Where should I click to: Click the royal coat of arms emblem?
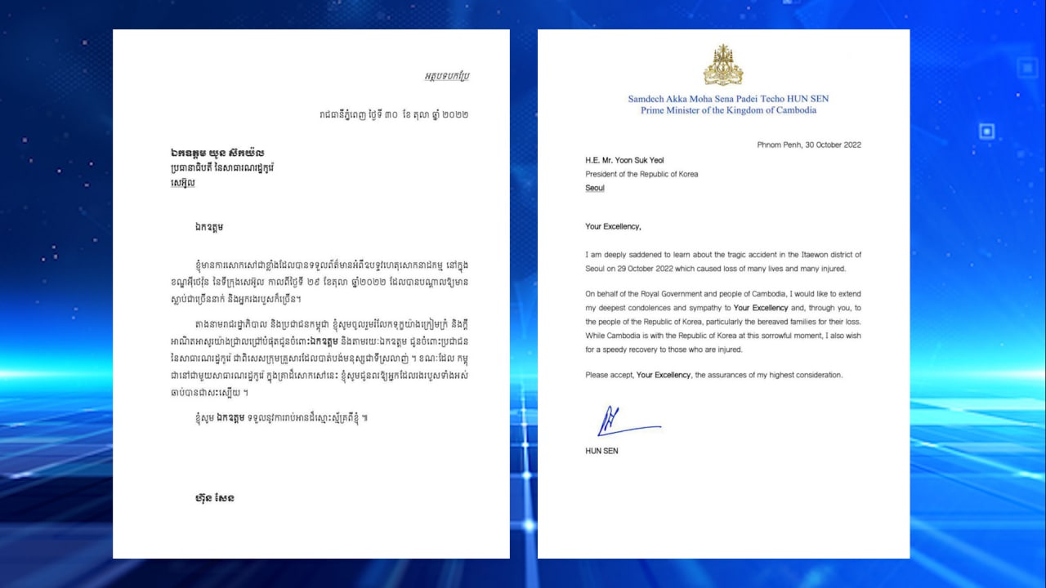[x=723, y=65]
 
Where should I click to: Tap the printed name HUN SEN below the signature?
[x=601, y=451]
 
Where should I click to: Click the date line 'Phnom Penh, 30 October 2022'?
[x=809, y=145]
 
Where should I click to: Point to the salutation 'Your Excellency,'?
[x=613, y=226]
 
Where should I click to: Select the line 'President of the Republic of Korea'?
[x=641, y=174]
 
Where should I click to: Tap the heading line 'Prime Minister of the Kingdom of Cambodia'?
[x=728, y=110]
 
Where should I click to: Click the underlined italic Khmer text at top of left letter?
[x=446, y=76]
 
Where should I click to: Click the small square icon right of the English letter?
[x=986, y=131]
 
